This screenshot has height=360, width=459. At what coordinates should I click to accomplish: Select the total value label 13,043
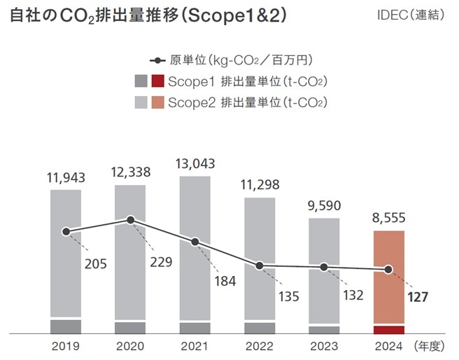pyautogui.click(x=195, y=162)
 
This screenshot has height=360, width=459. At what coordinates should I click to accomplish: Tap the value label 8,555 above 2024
pyautogui.click(x=389, y=218)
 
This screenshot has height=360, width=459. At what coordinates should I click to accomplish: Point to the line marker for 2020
pyautogui.click(x=131, y=220)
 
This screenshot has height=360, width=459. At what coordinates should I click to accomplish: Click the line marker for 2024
pyautogui.click(x=389, y=269)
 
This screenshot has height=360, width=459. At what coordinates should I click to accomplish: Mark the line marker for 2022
pyautogui.click(x=260, y=265)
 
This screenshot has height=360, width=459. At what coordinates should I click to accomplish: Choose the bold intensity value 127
pyautogui.click(x=417, y=296)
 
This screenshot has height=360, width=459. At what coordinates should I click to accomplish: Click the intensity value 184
pyautogui.click(x=225, y=282)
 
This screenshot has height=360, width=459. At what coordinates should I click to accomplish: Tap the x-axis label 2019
pyautogui.click(x=65, y=346)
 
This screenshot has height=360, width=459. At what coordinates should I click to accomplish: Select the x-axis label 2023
pyautogui.click(x=324, y=346)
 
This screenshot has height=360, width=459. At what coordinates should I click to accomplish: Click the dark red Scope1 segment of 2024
pyautogui.click(x=389, y=330)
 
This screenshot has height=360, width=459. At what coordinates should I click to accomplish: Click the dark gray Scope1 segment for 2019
pyautogui.click(x=66, y=327)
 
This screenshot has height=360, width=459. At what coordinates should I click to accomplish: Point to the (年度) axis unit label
pyautogui.click(x=428, y=346)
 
